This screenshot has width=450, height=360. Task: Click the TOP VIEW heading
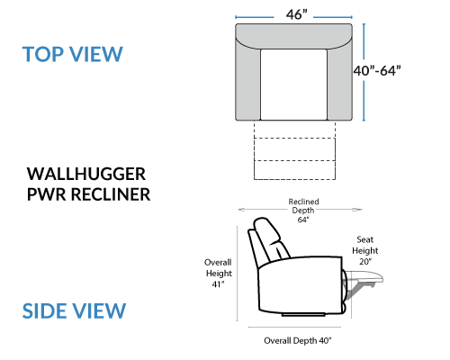[x=73, y=54]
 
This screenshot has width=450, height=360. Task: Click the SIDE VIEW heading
[x=74, y=310]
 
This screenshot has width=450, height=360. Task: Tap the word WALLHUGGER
[x=86, y=174]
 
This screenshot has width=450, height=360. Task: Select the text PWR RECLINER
[x=88, y=194]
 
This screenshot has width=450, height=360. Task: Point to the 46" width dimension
[x=297, y=14]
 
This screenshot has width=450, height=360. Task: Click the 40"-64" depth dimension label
[x=377, y=71]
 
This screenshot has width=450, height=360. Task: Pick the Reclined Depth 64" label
[x=303, y=211]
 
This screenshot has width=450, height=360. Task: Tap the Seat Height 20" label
[x=365, y=250]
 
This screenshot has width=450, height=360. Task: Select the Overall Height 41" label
[x=218, y=273]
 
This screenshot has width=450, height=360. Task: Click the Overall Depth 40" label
[x=298, y=340]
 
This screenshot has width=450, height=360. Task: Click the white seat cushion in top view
[x=293, y=85]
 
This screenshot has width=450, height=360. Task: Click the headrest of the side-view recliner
[x=266, y=231]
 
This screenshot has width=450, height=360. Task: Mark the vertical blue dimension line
[x=364, y=72]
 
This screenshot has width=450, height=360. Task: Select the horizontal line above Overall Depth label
[x=294, y=328]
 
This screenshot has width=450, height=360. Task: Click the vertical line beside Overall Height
[x=237, y=274]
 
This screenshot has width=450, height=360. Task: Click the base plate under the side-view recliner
[x=303, y=315]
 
